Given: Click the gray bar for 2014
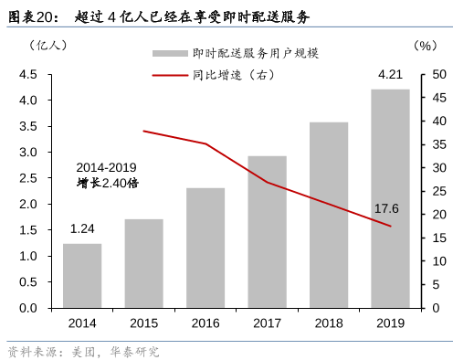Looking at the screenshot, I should pyautogui.click(x=82, y=275).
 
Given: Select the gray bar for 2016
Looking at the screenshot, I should pyautogui.click(x=205, y=248).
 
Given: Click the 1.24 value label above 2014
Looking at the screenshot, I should pyautogui.click(x=82, y=228).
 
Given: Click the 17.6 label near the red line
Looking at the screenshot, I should pyautogui.click(x=387, y=209).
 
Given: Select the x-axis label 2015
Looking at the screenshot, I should pyautogui.click(x=143, y=323).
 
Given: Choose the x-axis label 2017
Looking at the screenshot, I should pyautogui.click(x=267, y=323).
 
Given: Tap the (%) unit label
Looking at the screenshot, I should pyautogui.click(x=425, y=45).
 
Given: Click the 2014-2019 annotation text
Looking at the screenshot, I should pyautogui.click(x=106, y=167).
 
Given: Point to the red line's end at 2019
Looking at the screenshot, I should pyautogui.click(x=390, y=226).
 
